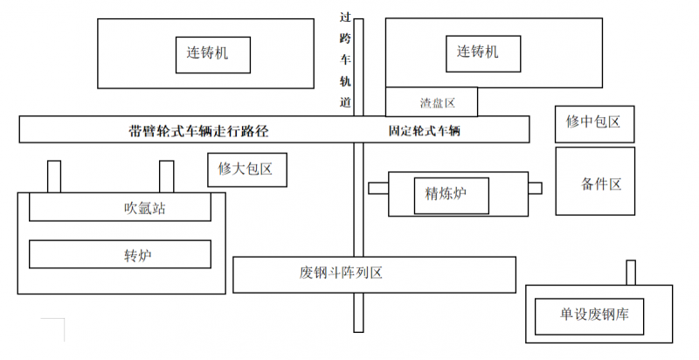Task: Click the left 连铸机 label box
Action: click(213, 54)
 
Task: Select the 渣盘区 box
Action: click(433, 102)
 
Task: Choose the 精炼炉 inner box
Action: click(451, 193)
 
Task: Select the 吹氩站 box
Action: click(121, 208)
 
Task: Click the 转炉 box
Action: click(121, 254)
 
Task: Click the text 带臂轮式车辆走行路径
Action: click(198, 132)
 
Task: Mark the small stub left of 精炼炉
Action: click(378, 188)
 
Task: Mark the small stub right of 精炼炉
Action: click(535, 188)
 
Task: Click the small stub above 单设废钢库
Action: click(631, 273)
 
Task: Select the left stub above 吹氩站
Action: click(54, 177)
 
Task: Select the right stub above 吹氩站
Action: click(166, 177)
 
